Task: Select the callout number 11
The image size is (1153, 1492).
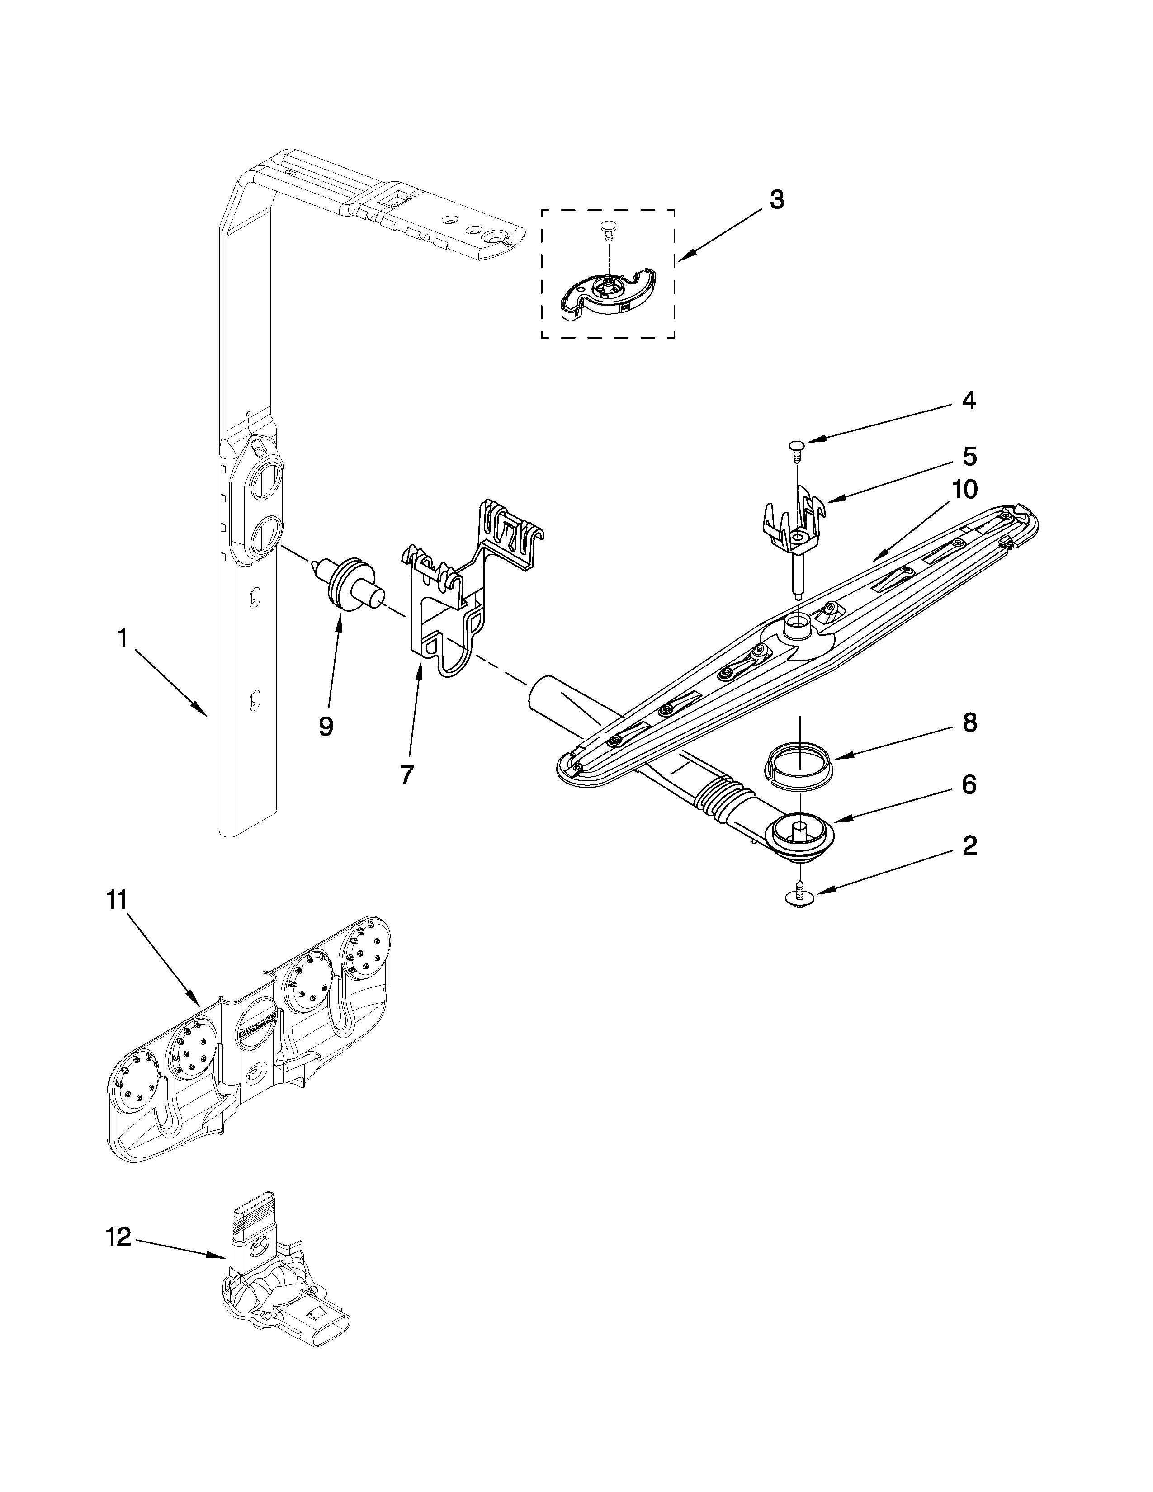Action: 116,900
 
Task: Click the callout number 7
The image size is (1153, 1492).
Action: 406,774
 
